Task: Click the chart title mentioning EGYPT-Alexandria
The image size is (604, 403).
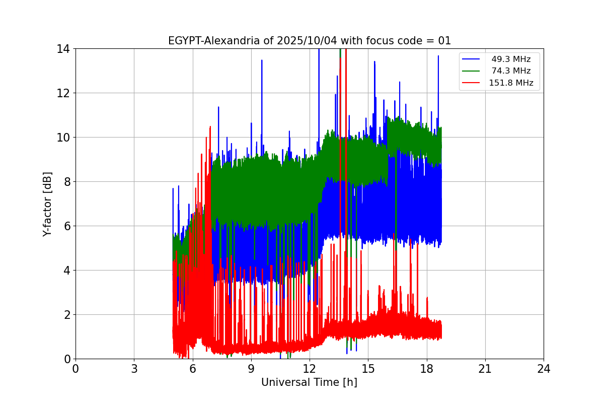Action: (309, 41)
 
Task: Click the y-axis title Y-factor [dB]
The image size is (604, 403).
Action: (47, 204)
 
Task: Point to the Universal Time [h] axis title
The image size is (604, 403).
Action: (309, 382)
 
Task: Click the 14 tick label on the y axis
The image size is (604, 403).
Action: (63, 49)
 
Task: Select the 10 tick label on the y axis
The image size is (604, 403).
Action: (63, 138)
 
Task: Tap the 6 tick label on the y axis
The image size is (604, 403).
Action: (66, 226)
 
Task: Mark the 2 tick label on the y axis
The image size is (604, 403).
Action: (66, 315)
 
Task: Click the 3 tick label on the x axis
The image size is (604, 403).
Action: (134, 369)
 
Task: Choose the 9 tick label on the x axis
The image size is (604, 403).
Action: (251, 369)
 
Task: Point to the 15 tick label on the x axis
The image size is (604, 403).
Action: (368, 369)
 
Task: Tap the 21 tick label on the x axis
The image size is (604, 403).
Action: (485, 369)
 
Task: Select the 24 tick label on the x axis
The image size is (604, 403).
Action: (544, 369)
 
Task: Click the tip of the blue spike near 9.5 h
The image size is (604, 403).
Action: (262, 60)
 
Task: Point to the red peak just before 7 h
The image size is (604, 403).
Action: (210, 127)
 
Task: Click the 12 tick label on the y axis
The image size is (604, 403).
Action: (63, 93)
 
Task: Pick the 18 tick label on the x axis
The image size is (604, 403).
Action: (426, 369)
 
